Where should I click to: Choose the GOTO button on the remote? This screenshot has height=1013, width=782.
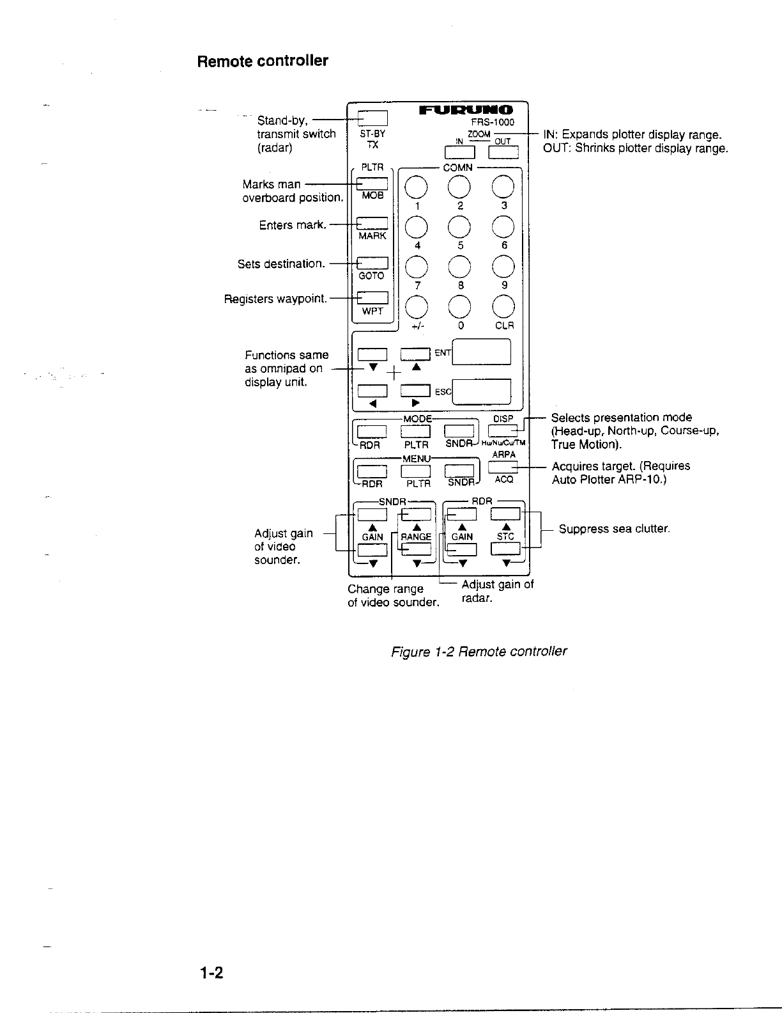[x=372, y=263]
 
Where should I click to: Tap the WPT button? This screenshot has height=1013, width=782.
[x=372, y=298]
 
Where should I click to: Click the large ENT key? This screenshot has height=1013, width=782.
[x=481, y=352]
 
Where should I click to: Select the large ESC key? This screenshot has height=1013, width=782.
[x=481, y=392]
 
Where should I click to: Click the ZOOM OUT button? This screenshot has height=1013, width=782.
[x=503, y=152]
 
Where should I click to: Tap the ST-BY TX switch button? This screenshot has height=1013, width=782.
[x=372, y=118]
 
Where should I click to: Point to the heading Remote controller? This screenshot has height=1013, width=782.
[x=263, y=61]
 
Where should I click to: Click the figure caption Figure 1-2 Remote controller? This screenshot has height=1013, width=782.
[x=479, y=652]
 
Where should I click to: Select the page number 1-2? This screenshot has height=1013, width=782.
[x=210, y=973]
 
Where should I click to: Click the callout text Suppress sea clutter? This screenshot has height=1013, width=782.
[x=614, y=529]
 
